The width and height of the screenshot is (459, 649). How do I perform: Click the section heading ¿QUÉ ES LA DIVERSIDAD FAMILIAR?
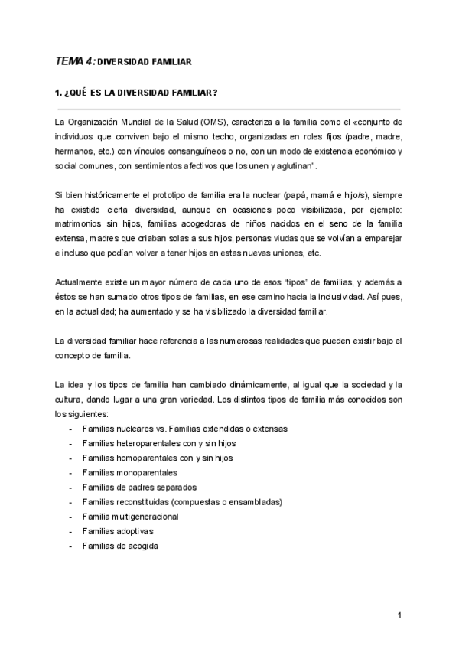[135, 94]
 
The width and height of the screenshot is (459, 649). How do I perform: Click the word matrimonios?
[80, 223]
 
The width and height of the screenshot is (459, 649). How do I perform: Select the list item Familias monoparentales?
[129, 473]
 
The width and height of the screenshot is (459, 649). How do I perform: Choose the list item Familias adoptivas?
[117, 531]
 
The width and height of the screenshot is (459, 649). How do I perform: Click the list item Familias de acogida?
[120, 546]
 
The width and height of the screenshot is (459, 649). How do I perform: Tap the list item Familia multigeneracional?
[130, 517]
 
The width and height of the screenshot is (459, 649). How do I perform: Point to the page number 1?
[399, 616]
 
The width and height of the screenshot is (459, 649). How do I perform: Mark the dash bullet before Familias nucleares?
[70, 429]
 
